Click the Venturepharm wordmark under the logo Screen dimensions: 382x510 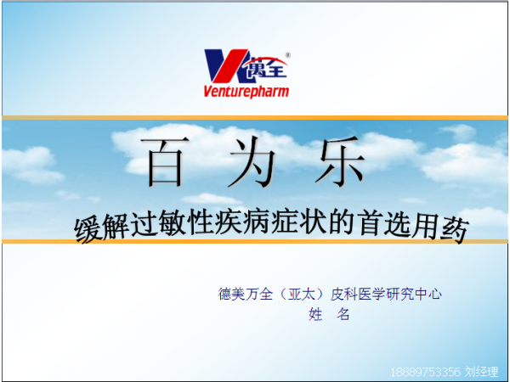(x=246, y=91)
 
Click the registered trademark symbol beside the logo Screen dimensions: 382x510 (x=287, y=55)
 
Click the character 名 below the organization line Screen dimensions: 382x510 (x=343, y=315)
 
